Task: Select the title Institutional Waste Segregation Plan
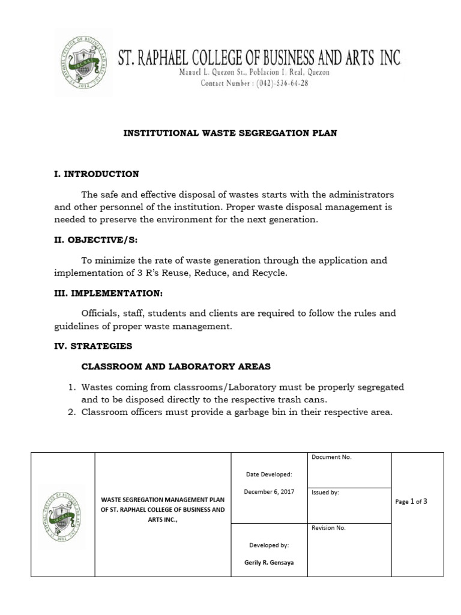click(230, 133)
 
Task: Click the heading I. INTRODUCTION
click(97, 174)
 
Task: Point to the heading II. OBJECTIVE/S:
click(96, 240)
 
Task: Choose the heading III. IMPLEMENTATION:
click(108, 293)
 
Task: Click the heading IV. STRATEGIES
click(93, 346)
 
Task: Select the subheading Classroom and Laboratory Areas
click(176, 366)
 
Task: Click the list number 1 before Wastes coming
click(71, 387)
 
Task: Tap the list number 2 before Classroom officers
click(71, 411)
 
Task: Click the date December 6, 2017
click(268, 492)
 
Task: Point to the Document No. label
click(331, 458)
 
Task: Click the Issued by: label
click(325, 492)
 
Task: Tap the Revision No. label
click(328, 528)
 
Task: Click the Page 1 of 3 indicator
click(411, 501)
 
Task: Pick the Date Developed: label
click(268, 474)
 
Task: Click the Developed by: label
click(268, 545)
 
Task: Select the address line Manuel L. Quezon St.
click(255, 72)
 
